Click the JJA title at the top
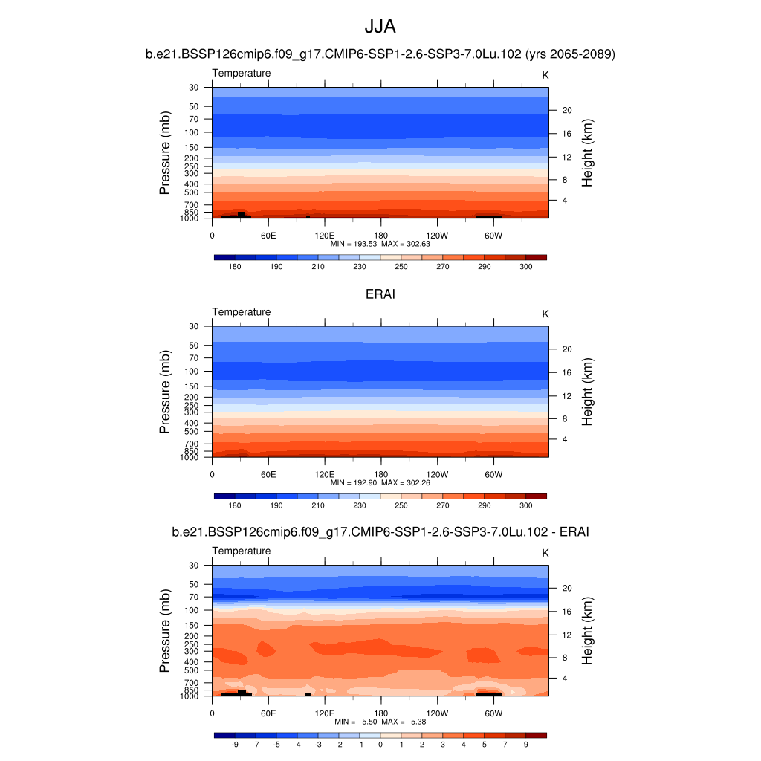380,27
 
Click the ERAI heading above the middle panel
380,294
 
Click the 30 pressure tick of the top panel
194,88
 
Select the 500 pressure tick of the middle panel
192,431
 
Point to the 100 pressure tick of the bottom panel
192,610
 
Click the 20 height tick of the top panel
566,110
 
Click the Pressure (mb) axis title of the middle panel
166,391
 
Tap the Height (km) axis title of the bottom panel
587,630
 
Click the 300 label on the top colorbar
525,266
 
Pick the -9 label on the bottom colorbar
235,744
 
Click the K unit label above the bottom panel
545,553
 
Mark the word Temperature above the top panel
242,73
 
